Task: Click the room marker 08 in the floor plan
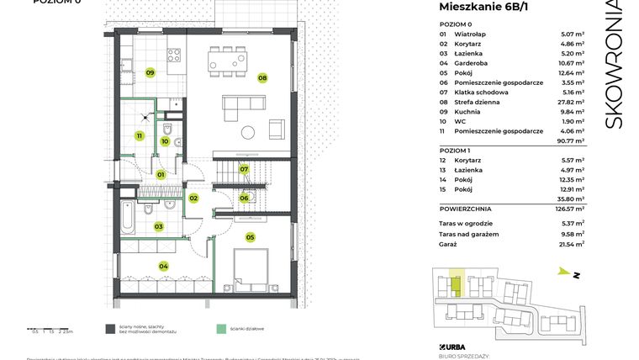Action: click(262, 77)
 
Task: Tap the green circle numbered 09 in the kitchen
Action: click(150, 72)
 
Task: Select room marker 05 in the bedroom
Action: click(250, 237)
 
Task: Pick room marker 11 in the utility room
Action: click(139, 135)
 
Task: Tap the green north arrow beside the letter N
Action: click(562, 272)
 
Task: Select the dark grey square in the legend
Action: click(110, 329)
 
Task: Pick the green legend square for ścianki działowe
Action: click(221, 329)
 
